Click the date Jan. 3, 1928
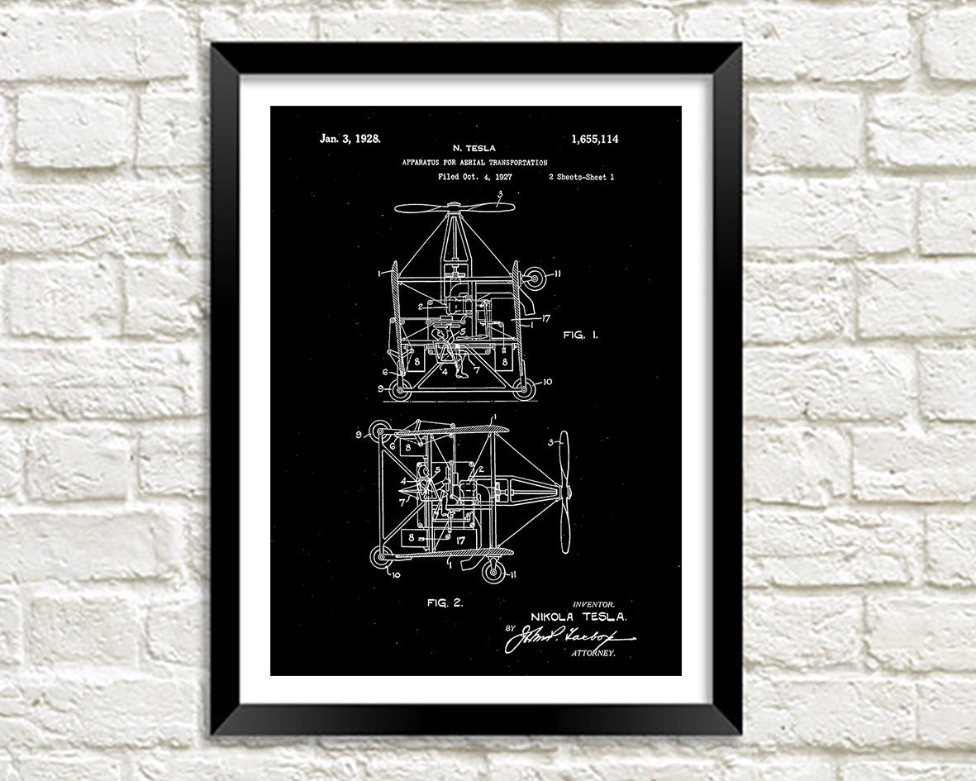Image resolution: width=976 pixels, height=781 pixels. (350, 139)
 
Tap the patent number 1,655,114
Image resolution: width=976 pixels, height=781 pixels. (589, 139)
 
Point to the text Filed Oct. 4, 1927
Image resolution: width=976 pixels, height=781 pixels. (475, 177)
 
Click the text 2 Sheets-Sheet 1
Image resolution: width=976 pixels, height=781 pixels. (580, 177)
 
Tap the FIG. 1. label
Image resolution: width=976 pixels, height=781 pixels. (580, 335)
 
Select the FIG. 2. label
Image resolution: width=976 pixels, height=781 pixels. (445, 602)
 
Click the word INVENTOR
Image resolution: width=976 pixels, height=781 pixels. (592, 605)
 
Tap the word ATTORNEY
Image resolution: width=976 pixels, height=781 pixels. (593, 654)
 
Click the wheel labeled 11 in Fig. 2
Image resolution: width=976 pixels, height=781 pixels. (493, 572)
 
